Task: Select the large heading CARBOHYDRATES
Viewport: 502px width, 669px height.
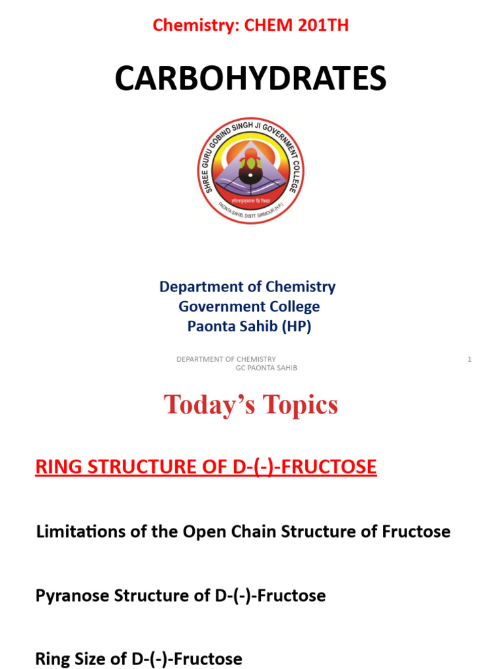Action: click(x=250, y=79)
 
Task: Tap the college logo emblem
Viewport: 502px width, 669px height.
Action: click(x=250, y=170)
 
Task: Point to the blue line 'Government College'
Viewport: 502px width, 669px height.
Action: click(x=249, y=306)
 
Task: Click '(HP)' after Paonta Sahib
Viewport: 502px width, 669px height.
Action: click(x=296, y=327)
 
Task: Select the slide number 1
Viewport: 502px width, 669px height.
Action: click(x=469, y=359)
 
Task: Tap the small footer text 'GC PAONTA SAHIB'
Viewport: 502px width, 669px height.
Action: click(x=266, y=368)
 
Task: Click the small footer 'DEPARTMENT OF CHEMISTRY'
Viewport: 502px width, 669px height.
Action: click(x=226, y=359)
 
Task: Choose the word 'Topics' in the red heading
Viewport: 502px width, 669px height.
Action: click(x=301, y=405)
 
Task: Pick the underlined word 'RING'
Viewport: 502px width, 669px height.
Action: click(x=55, y=467)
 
